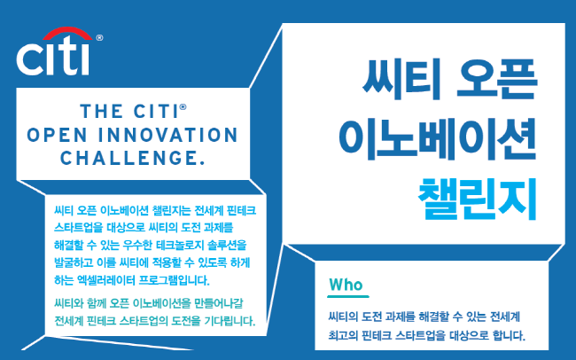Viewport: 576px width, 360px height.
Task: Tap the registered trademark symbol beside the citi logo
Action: pos(99,37)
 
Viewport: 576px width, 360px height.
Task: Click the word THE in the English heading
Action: pos(101,112)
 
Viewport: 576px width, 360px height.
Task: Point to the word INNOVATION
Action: pos(168,135)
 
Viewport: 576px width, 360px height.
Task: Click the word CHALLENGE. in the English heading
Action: pos(133,158)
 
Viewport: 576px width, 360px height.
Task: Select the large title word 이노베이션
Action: pos(437,139)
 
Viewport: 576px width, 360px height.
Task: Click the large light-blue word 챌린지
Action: pos(478,199)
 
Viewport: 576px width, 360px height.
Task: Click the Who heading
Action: pos(346,285)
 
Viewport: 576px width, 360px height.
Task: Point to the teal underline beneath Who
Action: pos(348,296)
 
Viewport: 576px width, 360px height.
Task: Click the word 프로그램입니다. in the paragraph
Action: pos(174,280)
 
